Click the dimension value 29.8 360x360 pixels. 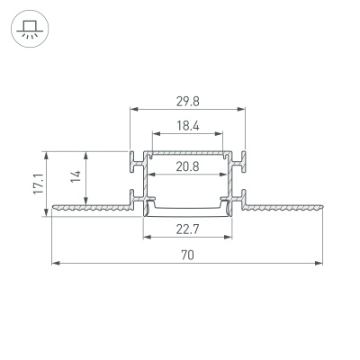[x=187, y=102]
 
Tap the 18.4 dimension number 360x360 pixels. [x=187, y=127]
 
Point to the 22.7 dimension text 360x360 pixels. [x=187, y=230]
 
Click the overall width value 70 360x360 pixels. [x=187, y=256]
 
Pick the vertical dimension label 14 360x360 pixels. [x=77, y=180]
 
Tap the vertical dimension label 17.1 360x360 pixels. [x=38, y=184]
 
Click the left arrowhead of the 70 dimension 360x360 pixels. [x=54, y=263]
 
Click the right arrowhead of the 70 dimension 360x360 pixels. [x=320, y=263]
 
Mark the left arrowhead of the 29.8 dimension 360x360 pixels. [x=133, y=110]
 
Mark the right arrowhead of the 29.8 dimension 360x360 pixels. [x=242, y=110]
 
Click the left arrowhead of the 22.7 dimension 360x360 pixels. [x=147, y=238]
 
